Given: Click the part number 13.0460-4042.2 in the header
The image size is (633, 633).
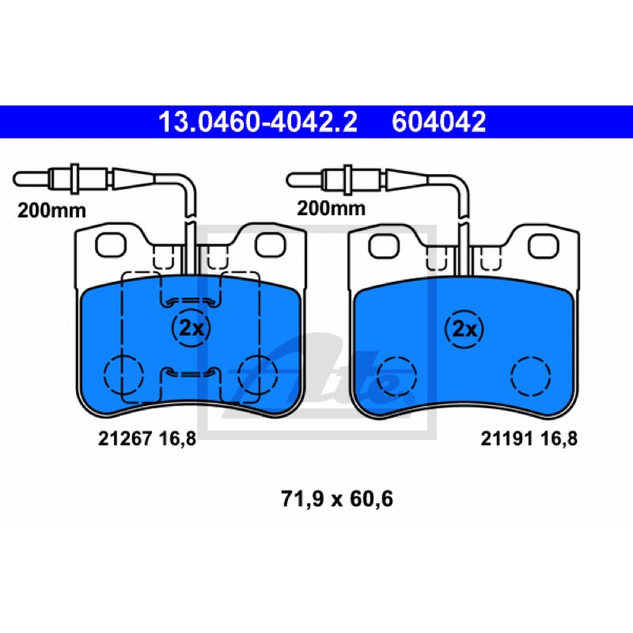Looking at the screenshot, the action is (258, 122).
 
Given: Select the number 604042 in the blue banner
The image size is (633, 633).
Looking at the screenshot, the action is (439, 122).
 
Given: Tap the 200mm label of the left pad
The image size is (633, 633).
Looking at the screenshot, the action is (51, 210).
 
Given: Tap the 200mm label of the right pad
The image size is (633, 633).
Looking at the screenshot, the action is (331, 208).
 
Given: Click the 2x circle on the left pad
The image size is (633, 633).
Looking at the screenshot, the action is (191, 328).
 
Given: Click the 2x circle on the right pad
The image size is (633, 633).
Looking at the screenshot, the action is (464, 329).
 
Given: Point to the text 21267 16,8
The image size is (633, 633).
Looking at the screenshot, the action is (147, 438).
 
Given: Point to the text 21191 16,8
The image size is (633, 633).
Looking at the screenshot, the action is (529, 438).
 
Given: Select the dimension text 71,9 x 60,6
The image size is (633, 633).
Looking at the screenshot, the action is (337, 498).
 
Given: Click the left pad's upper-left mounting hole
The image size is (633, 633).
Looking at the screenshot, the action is (111, 245).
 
